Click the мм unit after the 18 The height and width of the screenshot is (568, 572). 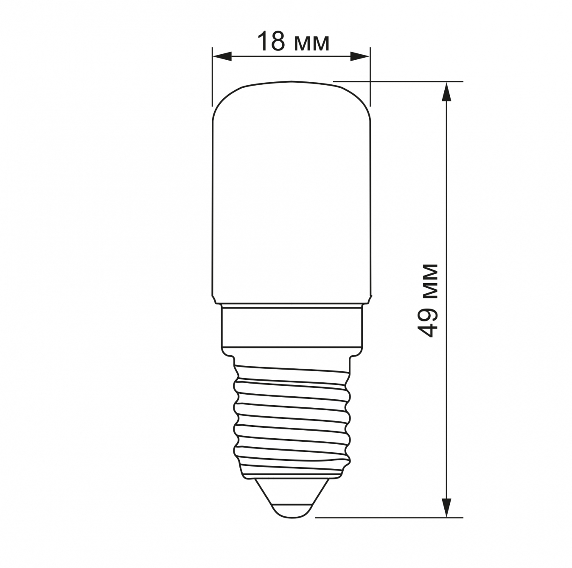coord(311,45)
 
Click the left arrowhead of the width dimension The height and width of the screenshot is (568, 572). coord(222,56)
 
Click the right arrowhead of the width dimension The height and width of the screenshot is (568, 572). coord(360,56)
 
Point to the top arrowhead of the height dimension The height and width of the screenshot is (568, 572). coord(447,92)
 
